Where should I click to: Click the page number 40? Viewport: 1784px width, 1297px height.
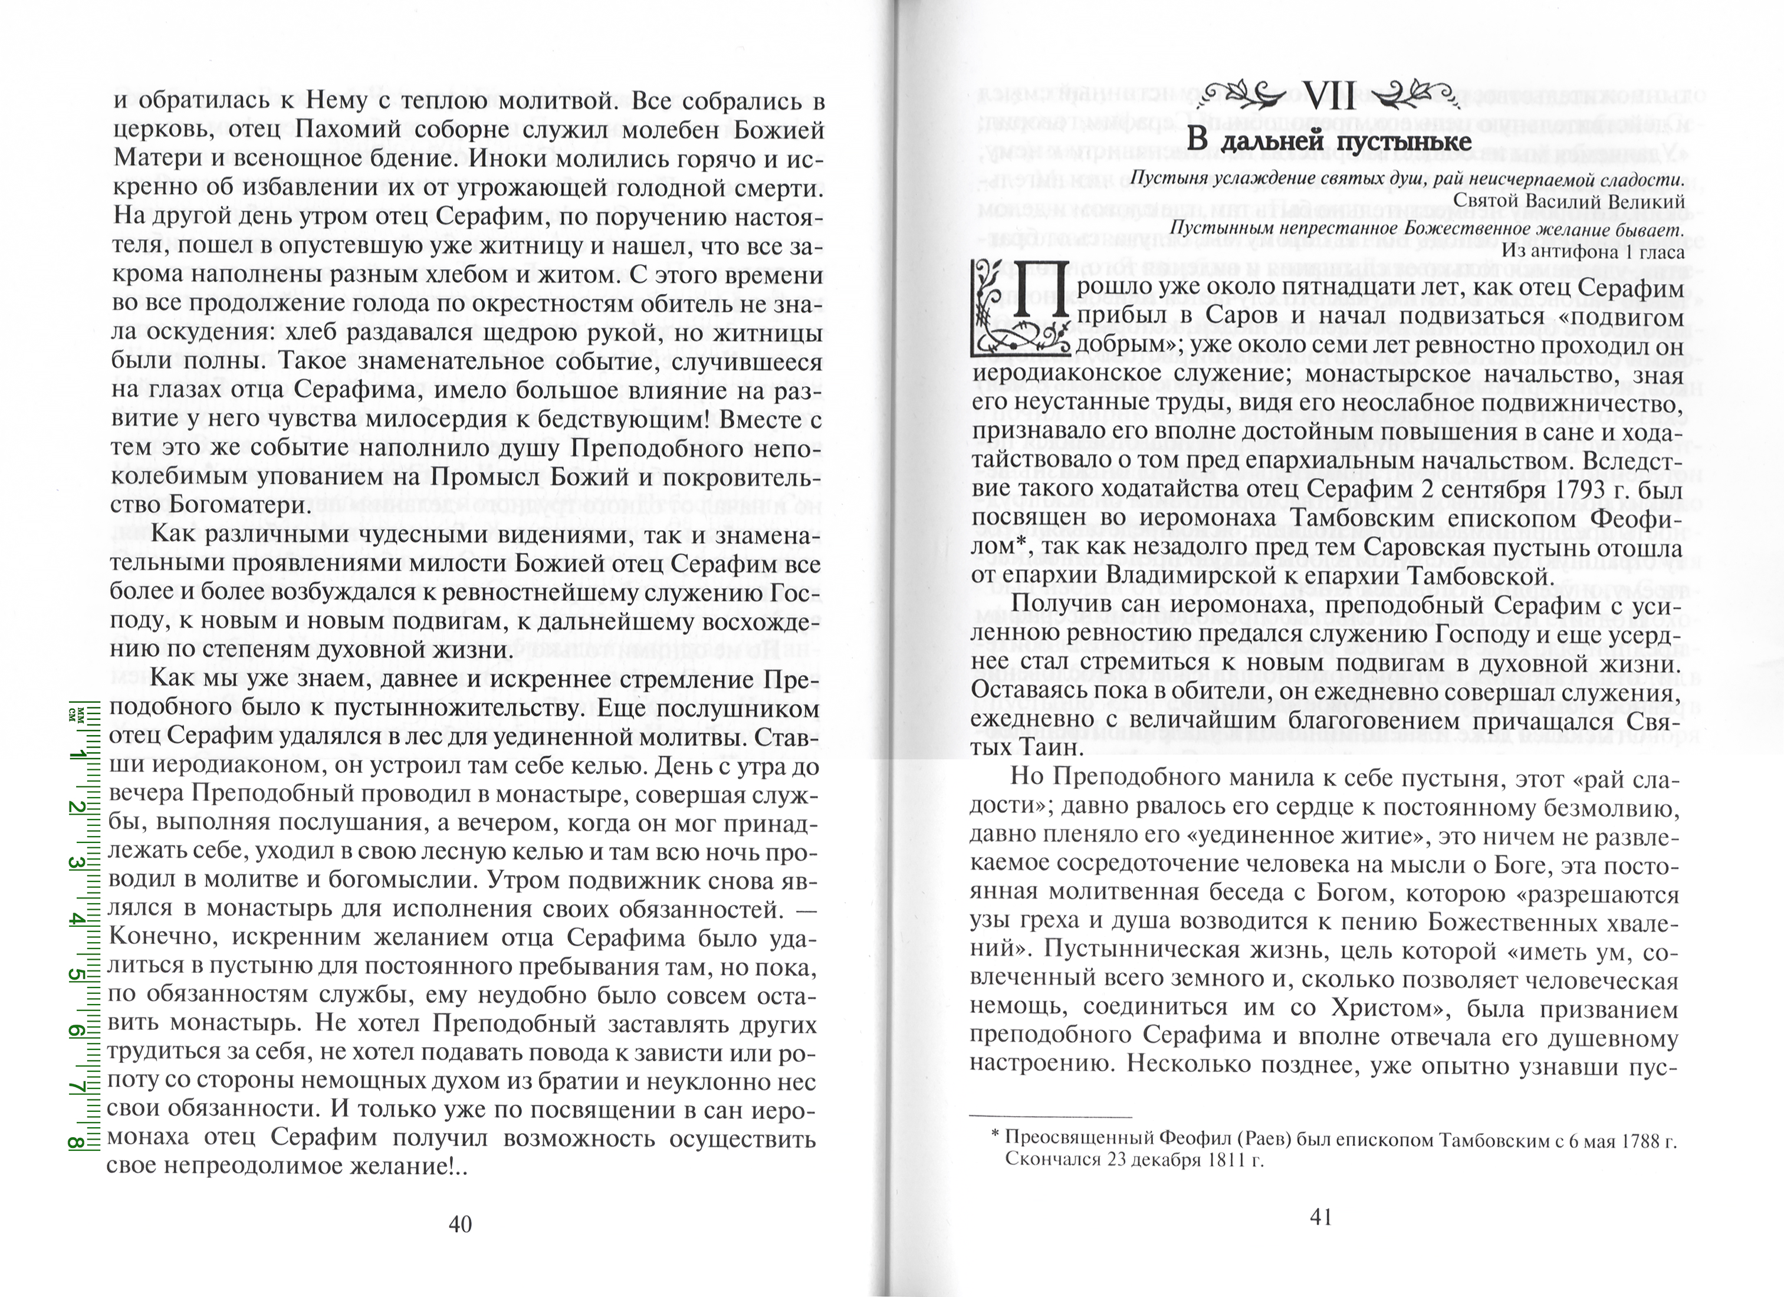click(x=459, y=1223)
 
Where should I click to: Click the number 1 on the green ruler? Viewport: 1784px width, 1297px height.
click(x=78, y=755)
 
